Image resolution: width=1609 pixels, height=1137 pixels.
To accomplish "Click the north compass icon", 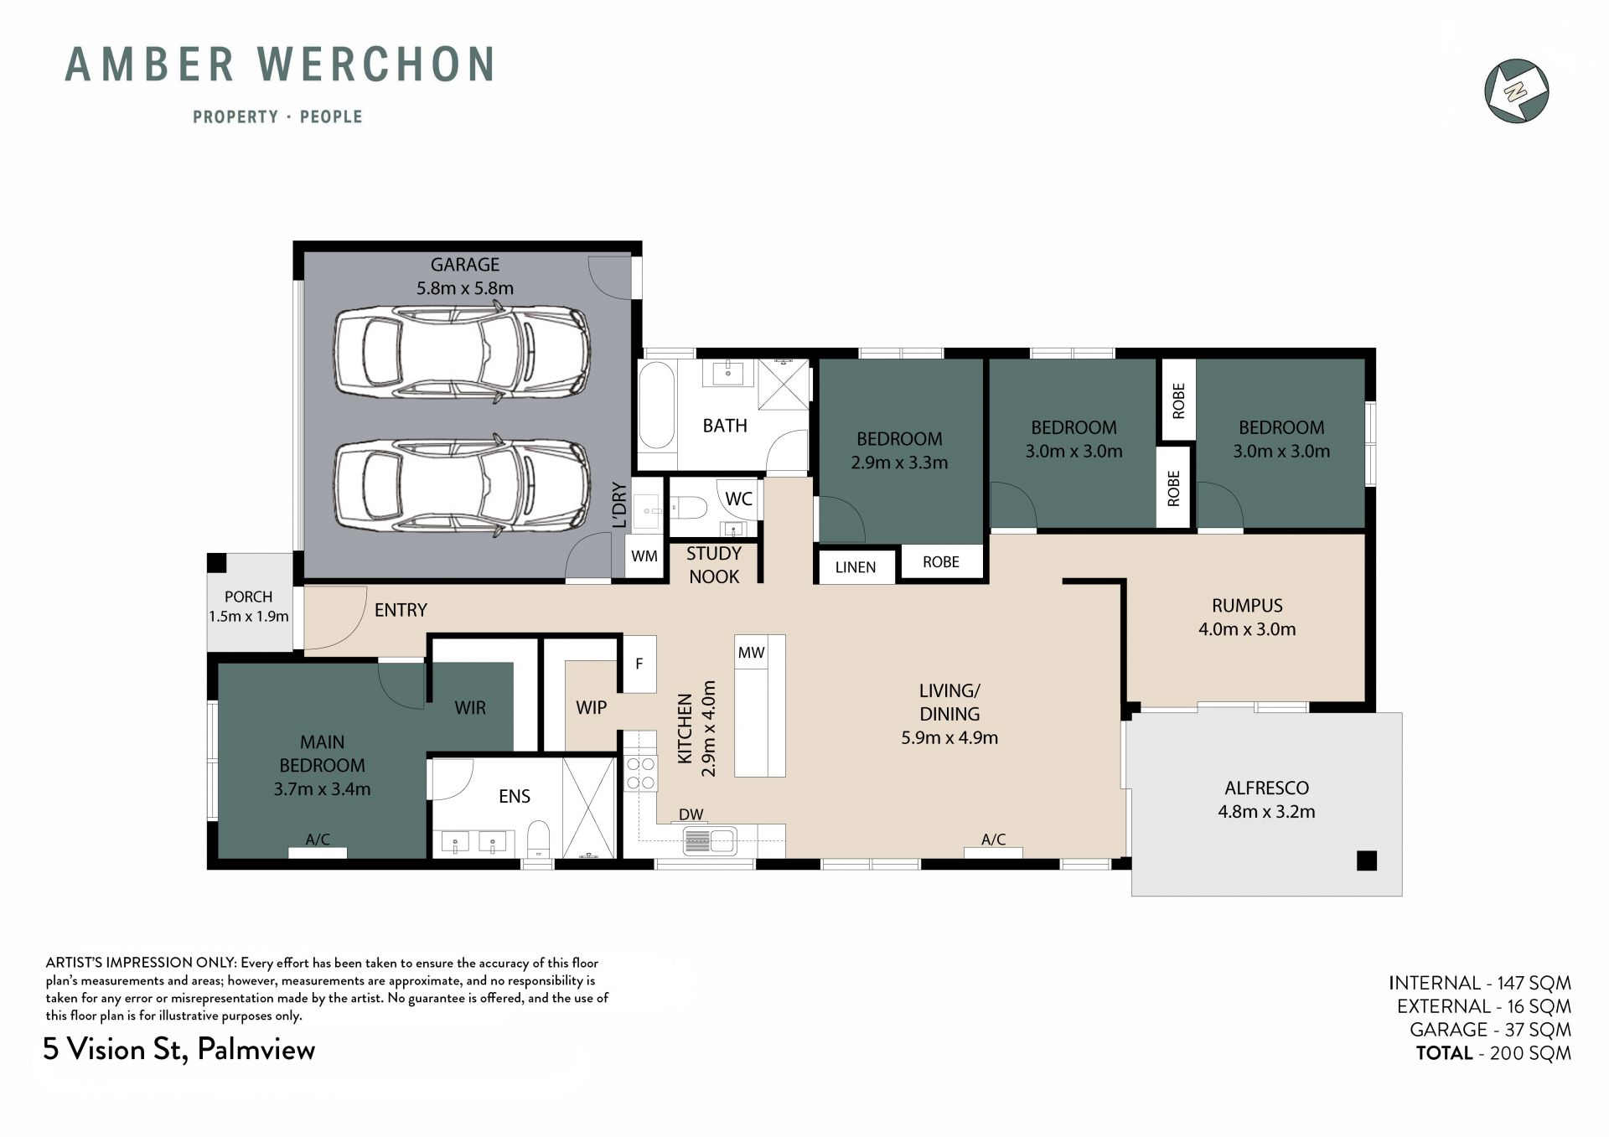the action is [x=1516, y=90].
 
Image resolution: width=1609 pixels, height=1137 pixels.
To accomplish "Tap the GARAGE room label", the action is [x=465, y=265].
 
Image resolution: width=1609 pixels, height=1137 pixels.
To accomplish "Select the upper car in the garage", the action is [x=462, y=353].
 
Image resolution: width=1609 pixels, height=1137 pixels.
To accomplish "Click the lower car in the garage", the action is [x=462, y=485].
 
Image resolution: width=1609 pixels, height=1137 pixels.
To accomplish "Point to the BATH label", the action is [x=725, y=426].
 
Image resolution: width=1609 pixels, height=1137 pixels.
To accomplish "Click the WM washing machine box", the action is [x=644, y=556].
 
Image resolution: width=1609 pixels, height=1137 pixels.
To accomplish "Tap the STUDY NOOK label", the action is [x=714, y=565].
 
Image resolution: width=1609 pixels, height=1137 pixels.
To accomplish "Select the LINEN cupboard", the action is [x=856, y=566].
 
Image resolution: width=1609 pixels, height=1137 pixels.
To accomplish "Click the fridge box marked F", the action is [x=639, y=664].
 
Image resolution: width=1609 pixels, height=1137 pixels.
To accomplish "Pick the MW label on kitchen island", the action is [x=751, y=652].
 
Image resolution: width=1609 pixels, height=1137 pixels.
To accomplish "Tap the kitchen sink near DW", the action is [x=709, y=840].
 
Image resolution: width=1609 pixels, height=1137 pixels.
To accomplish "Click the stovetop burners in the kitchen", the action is [x=641, y=773].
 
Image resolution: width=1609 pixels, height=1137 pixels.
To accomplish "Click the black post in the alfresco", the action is [x=1367, y=861].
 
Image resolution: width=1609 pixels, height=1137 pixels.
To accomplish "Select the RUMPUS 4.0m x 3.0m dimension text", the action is [x=1247, y=629].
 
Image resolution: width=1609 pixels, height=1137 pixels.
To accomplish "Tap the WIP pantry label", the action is [x=591, y=707].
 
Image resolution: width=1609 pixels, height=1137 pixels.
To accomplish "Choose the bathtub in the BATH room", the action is [x=656, y=406].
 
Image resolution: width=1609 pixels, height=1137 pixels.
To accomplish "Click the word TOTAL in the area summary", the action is [x=1444, y=1053].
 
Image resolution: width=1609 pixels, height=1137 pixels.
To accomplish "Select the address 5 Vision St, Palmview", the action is [x=179, y=1050].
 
